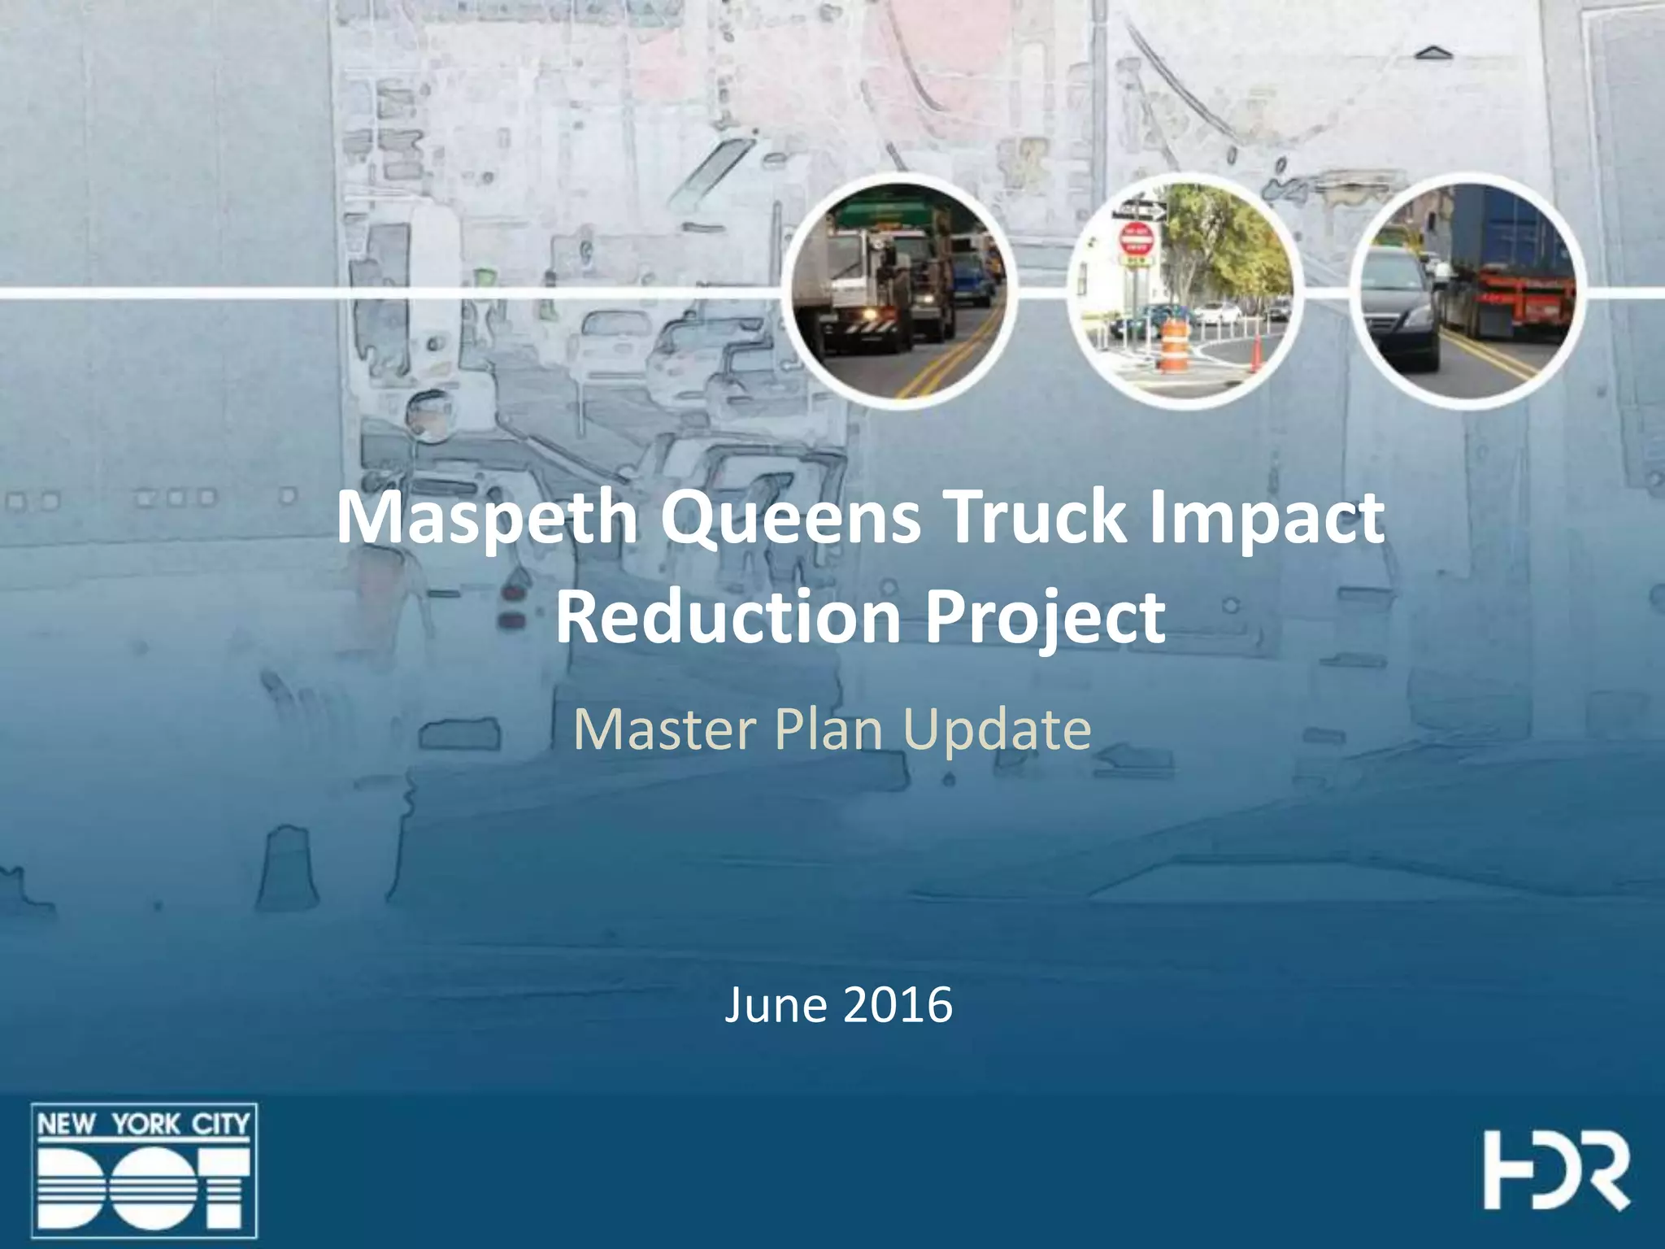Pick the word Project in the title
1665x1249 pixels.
tap(1045, 618)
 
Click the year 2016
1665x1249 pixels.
tap(898, 1005)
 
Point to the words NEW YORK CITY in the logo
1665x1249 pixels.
tap(144, 1125)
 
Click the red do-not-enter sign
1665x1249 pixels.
tap(1137, 240)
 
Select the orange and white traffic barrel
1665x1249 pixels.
tap(1172, 346)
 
